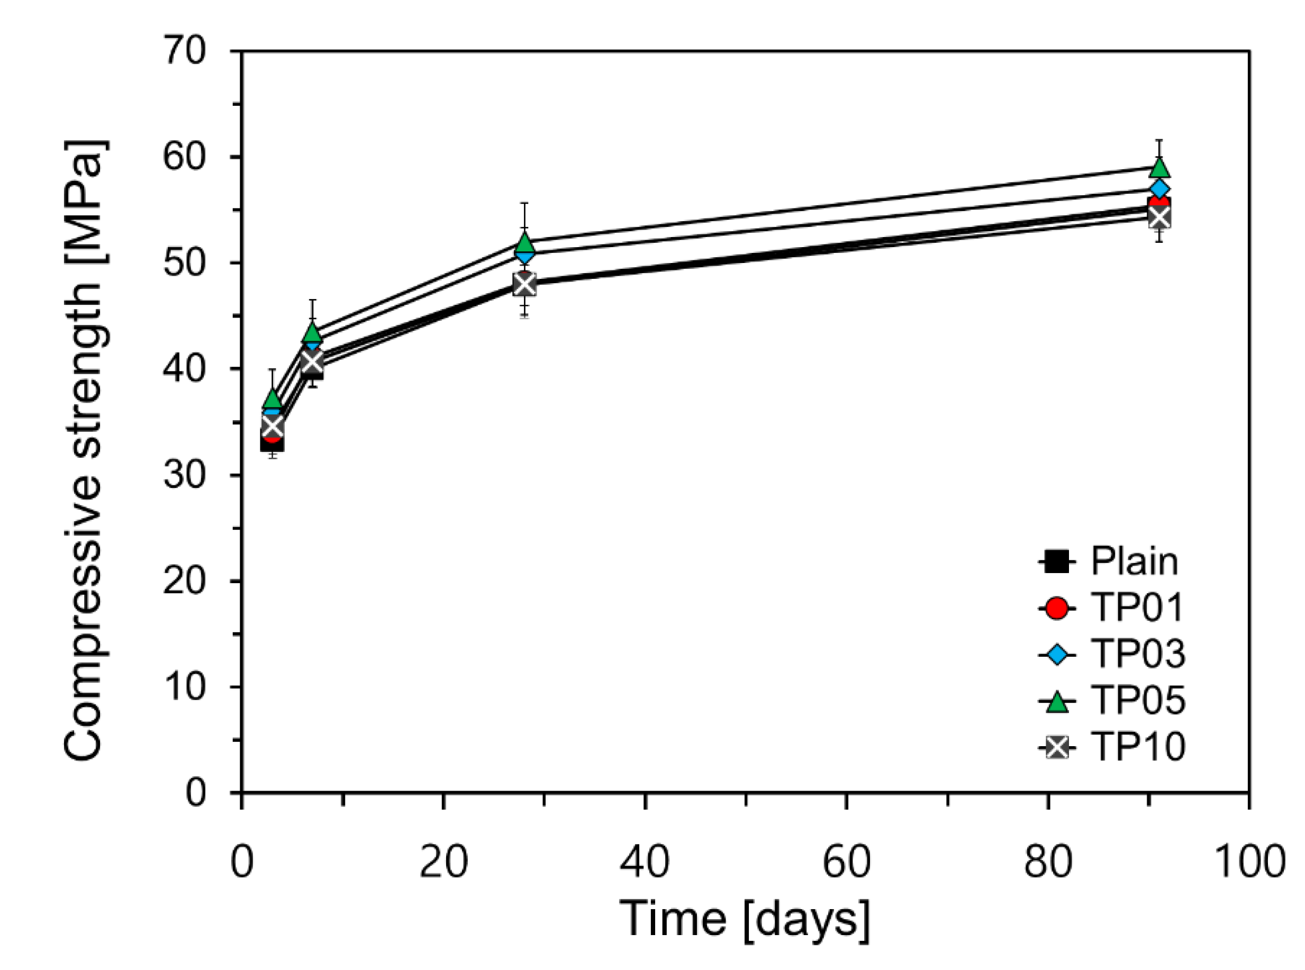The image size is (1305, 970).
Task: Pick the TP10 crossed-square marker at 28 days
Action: [525, 284]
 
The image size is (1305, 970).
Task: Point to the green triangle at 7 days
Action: [313, 333]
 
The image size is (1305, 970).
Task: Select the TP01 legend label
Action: [1137, 608]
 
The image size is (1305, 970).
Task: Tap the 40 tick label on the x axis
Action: [645, 863]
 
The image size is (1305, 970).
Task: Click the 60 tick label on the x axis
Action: [846, 863]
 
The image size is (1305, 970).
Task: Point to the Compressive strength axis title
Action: [84, 451]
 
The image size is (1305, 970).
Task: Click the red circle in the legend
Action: [1057, 608]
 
